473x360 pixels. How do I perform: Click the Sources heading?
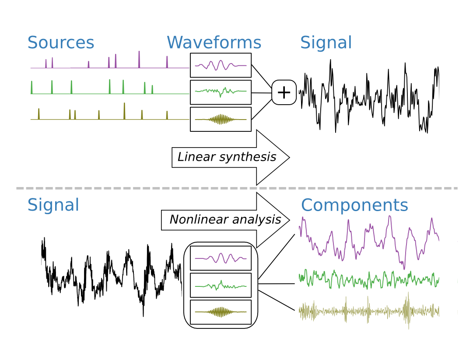point(61,43)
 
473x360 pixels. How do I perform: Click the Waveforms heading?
point(214,43)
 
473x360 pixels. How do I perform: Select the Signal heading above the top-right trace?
point(326,43)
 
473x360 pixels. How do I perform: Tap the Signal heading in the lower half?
point(53,205)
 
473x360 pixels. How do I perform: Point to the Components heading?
point(354,205)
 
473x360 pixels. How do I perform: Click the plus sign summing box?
point(284,92)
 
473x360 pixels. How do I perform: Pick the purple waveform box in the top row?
point(221,65)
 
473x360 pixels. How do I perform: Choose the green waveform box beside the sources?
point(221,92)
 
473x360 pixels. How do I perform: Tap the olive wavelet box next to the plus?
point(221,119)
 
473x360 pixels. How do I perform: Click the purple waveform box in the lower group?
point(221,258)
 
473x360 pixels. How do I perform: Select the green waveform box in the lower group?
point(221,285)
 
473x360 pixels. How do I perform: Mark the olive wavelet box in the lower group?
point(221,312)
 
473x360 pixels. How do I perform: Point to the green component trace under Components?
point(369,279)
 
